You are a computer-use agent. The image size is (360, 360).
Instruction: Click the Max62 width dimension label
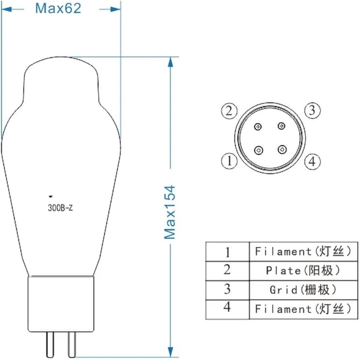point(58,8)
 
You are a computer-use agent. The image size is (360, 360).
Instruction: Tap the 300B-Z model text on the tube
point(60,208)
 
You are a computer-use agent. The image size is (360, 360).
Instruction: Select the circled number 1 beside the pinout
point(229,161)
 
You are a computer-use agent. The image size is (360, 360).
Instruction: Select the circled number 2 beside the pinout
point(229,111)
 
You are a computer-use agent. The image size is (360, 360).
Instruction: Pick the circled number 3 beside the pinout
point(312,110)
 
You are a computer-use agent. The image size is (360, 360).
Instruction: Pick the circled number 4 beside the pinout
point(312,161)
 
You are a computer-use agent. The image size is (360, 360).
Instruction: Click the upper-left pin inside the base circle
point(258,127)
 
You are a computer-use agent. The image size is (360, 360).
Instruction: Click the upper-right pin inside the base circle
point(282,126)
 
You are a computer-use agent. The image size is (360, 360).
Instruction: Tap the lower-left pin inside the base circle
point(259,150)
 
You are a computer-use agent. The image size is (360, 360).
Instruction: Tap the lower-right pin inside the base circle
point(282,149)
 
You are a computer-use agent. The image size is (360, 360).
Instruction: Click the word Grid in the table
point(284,290)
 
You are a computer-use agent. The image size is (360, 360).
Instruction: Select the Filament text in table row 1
point(283,251)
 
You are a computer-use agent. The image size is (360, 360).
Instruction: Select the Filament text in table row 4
point(283,309)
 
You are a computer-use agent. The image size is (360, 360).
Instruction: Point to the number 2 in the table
point(227,270)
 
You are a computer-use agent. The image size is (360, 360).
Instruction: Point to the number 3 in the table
point(227,289)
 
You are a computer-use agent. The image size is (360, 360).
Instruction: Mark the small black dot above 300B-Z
point(51,196)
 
